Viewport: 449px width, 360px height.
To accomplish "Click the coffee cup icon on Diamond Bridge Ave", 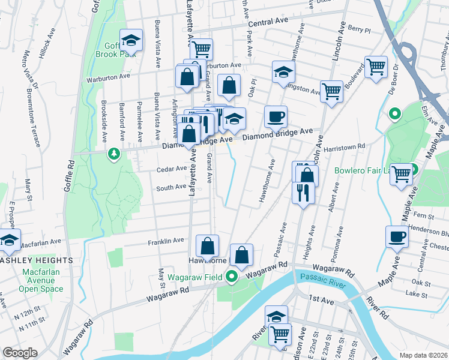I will point(276,116).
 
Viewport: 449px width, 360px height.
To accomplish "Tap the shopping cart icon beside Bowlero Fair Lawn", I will point(402,174).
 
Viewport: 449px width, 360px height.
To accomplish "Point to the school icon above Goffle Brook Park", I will point(130,41).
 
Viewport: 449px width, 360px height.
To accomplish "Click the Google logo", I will point(20,353).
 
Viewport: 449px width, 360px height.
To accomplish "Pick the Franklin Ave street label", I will point(166,241).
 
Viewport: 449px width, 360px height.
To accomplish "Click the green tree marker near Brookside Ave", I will point(113,155).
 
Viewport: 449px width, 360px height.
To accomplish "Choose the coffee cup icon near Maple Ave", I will point(396,236).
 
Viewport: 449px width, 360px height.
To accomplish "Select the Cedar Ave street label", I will point(171,169).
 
